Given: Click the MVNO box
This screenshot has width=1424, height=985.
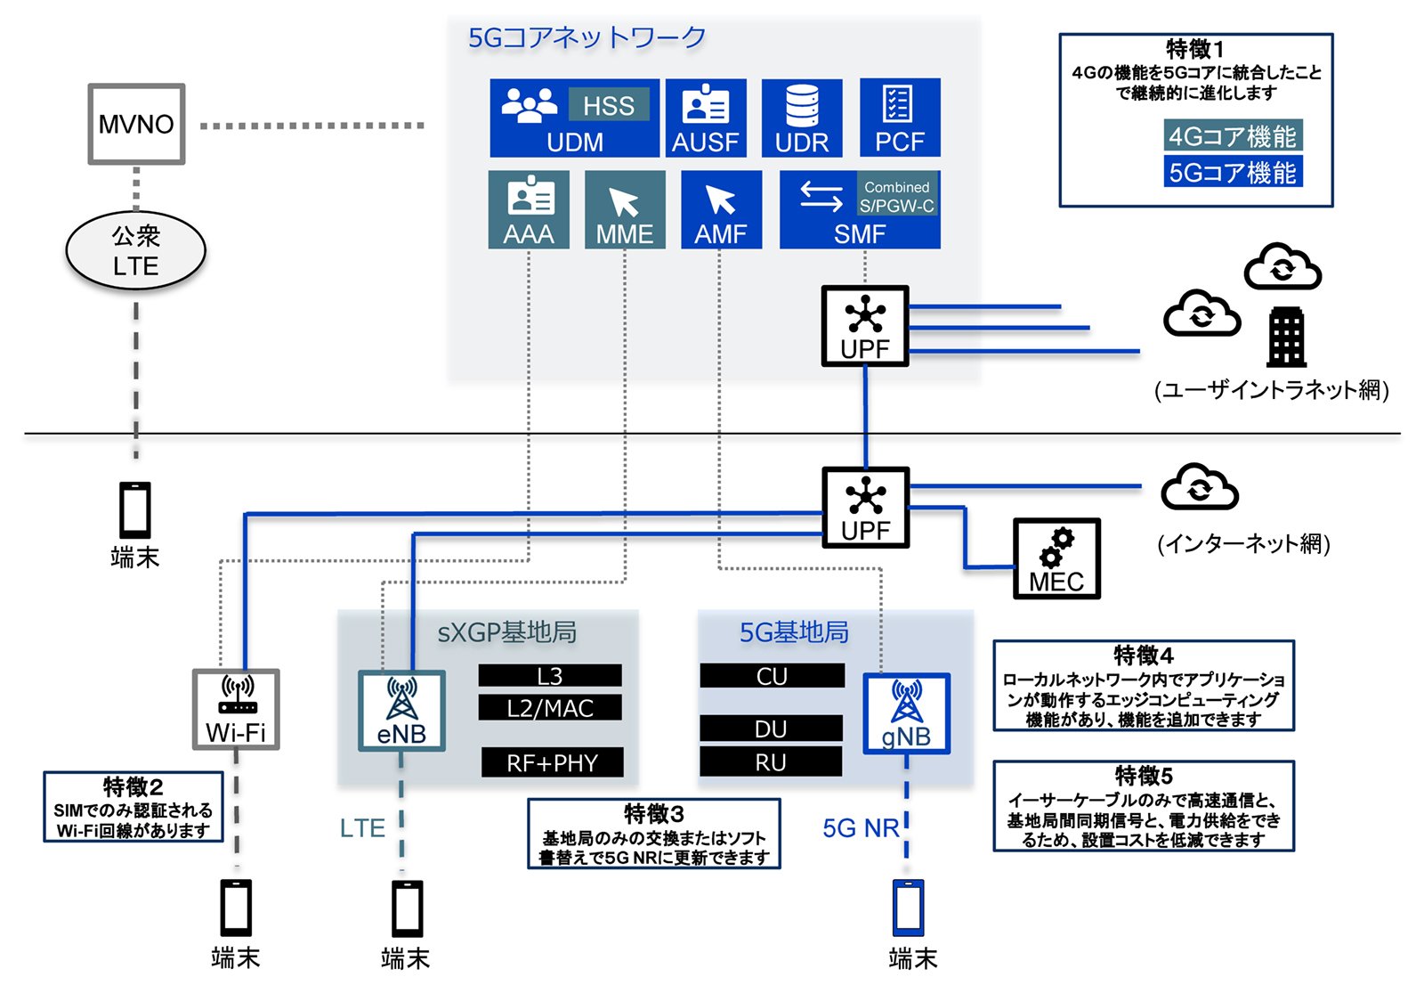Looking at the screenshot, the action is point(137,124).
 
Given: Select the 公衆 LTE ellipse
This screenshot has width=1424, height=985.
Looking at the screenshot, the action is point(136,251).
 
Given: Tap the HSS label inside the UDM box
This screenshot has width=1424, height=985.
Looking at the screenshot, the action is point(609,105).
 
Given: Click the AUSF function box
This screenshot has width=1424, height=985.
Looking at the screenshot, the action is point(706,118).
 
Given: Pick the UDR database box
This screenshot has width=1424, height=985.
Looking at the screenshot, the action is point(802,118).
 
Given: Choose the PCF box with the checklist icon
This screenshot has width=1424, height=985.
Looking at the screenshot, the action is point(900,118).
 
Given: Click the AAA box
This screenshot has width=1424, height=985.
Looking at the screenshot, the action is point(529,209).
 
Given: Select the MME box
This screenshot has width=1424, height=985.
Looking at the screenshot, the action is point(625,209).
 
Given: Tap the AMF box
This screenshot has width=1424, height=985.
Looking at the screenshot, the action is point(722,209).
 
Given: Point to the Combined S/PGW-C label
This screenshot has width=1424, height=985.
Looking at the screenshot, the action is point(897,196).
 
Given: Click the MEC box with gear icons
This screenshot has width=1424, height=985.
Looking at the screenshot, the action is point(1056,558).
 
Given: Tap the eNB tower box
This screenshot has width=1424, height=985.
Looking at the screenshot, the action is point(401,711).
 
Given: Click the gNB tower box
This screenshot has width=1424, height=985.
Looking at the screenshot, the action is point(907,713).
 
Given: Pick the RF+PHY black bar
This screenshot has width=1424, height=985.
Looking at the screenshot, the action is point(553,762).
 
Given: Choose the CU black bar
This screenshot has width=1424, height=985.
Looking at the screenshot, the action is point(773,676).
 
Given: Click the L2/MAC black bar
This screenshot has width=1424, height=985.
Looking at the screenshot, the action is point(550,707).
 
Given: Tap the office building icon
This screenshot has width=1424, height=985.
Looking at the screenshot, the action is point(1287,338).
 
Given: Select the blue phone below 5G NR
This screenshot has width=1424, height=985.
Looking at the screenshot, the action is point(909,908).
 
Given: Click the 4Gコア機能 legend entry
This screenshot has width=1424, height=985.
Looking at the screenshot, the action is point(1234,135).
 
